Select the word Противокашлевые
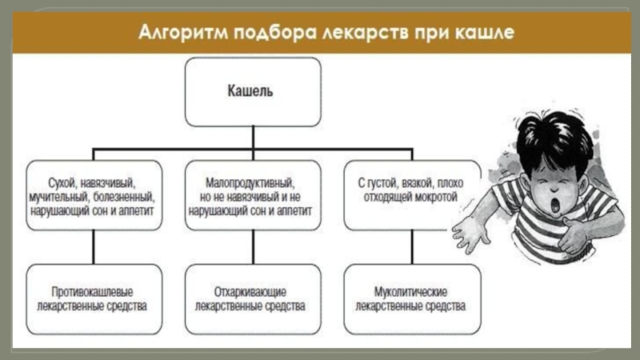[92, 290]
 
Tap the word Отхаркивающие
[251, 290]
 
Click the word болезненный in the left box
[125, 196]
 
